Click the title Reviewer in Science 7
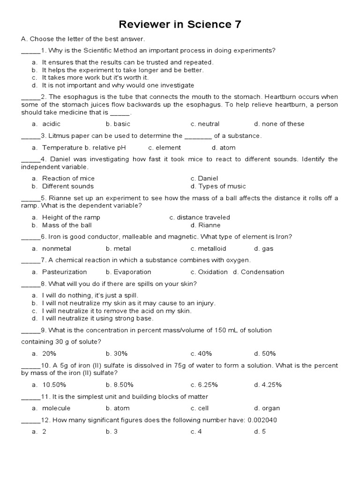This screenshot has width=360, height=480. pyautogui.click(x=180, y=24)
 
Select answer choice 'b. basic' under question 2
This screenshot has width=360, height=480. pyautogui.click(x=118, y=124)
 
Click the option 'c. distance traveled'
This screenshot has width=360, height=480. pyautogui.click(x=200, y=217)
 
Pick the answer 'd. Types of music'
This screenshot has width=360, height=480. pyautogui.click(x=218, y=186)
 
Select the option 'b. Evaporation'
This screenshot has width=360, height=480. pyautogui.click(x=128, y=272)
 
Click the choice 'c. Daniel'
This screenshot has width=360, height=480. pyautogui.click(x=204, y=178)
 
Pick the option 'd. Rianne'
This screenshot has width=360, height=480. pyautogui.click(x=205, y=225)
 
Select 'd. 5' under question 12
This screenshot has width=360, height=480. pyautogui.click(x=260, y=432)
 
